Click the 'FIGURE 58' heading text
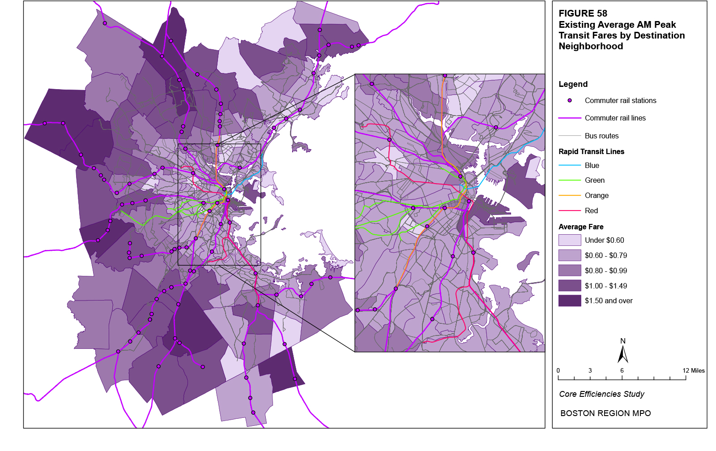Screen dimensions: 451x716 pyautogui.click(x=583, y=13)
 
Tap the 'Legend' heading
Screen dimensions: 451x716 pyautogui.click(x=573, y=84)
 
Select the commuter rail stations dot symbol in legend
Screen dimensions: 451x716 pyautogui.click(x=570, y=100)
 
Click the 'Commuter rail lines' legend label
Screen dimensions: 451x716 pyautogui.click(x=615, y=118)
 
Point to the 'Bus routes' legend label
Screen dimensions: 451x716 pyautogui.click(x=601, y=136)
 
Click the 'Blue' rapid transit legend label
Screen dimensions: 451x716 pyautogui.click(x=592, y=166)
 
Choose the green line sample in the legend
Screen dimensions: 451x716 pyautogui.click(x=570, y=180)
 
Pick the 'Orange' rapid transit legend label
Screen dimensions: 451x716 pyautogui.click(x=597, y=196)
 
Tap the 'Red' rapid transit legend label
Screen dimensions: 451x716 pyautogui.click(x=591, y=211)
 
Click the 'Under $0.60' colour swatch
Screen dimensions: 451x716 pyautogui.click(x=570, y=240)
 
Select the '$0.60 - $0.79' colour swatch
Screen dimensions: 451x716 pyautogui.click(x=570, y=255)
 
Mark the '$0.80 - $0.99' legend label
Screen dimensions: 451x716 pyautogui.click(x=605, y=271)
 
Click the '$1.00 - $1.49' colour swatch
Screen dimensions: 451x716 pyautogui.click(x=570, y=286)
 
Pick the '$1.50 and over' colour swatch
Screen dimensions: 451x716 pyautogui.click(x=570, y=301)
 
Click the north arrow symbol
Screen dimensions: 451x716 pyautogui.click(x=622, y=354)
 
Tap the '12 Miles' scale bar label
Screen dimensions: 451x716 pyautogui.click(x=693, y=370)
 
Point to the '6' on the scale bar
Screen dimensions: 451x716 pyautogui.click(x=622, y=370)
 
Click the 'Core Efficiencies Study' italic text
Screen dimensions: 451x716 pyautogui.click(x=601, y=394)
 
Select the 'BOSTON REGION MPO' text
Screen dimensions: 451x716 pyautogui.click(x=605, y=413)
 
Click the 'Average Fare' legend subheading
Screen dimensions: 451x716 pyautogui.click(x=581, y=227)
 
